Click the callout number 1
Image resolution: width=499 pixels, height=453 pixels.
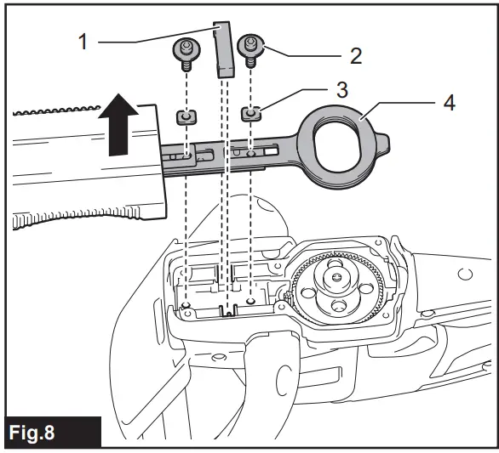click(x=83, y=40)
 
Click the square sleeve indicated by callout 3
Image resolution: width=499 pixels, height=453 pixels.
click(x=250, y=111)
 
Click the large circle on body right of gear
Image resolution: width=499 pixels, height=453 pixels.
click(x=464, y=274)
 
